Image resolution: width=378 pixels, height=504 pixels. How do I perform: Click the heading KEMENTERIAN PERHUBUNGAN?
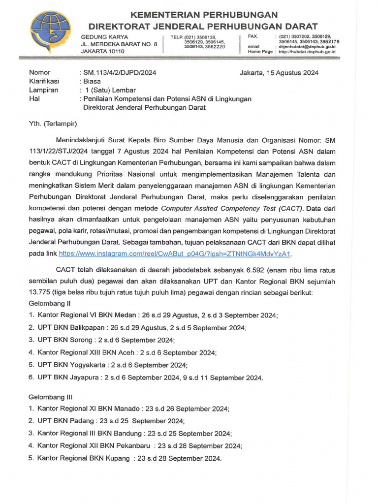click(203, 14)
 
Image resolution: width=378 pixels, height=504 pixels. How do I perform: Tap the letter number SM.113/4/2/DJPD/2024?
click(120, 73)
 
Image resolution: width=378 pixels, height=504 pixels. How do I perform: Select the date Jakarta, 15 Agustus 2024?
click(279, 73)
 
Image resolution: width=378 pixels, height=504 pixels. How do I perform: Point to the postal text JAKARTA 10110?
click(103, 51)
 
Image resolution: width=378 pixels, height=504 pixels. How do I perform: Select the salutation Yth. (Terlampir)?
click(53, 124)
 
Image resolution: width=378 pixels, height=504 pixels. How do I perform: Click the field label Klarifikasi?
click(44, 81)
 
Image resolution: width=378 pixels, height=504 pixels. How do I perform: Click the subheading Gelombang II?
click(50, 303)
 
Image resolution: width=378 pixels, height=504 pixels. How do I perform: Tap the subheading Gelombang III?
click(51, 396)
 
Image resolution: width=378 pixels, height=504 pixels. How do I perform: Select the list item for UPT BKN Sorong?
click(101, 340)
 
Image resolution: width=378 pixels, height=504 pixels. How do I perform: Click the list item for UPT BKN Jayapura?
click(146, 378)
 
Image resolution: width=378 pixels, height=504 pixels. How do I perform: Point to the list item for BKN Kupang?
click(125, 458)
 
